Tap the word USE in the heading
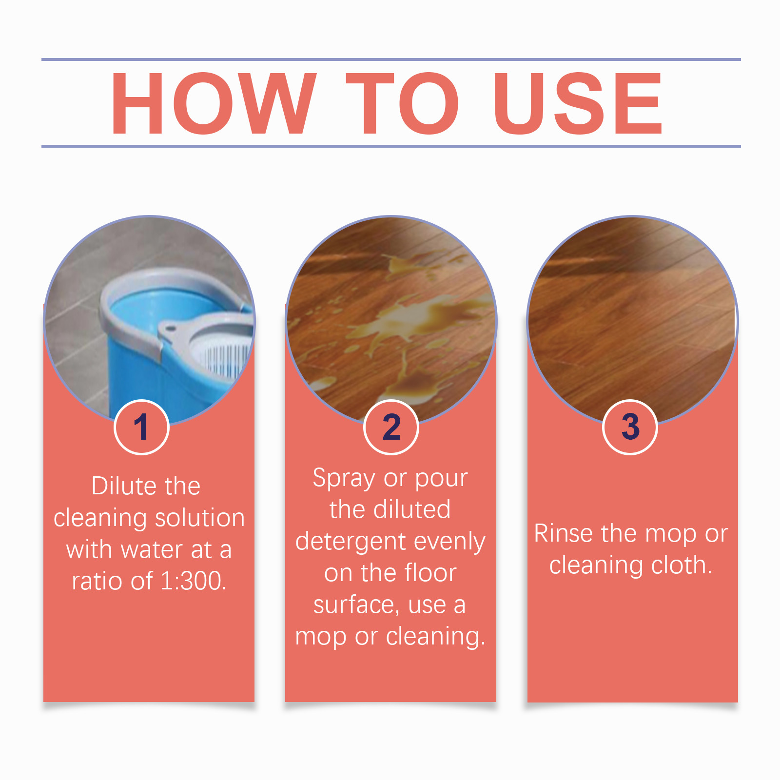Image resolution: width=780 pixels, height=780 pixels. pyautogui.click(x=578, y=103)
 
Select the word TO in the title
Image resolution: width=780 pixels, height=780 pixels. pyautogui.click(x=403, y=103)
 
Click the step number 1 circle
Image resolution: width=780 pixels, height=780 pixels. pyautogui.click(x=141, y=427)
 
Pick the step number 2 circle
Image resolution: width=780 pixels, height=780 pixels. pyautogui.click(x=391, y=427)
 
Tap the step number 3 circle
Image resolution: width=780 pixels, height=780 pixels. pyautogui.click(x=630, y=427)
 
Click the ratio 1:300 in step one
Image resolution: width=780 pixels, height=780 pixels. pyautogui.click(x=193, y=581)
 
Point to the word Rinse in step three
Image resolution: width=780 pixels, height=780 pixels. pyautogui.click(x=565, y=533)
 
